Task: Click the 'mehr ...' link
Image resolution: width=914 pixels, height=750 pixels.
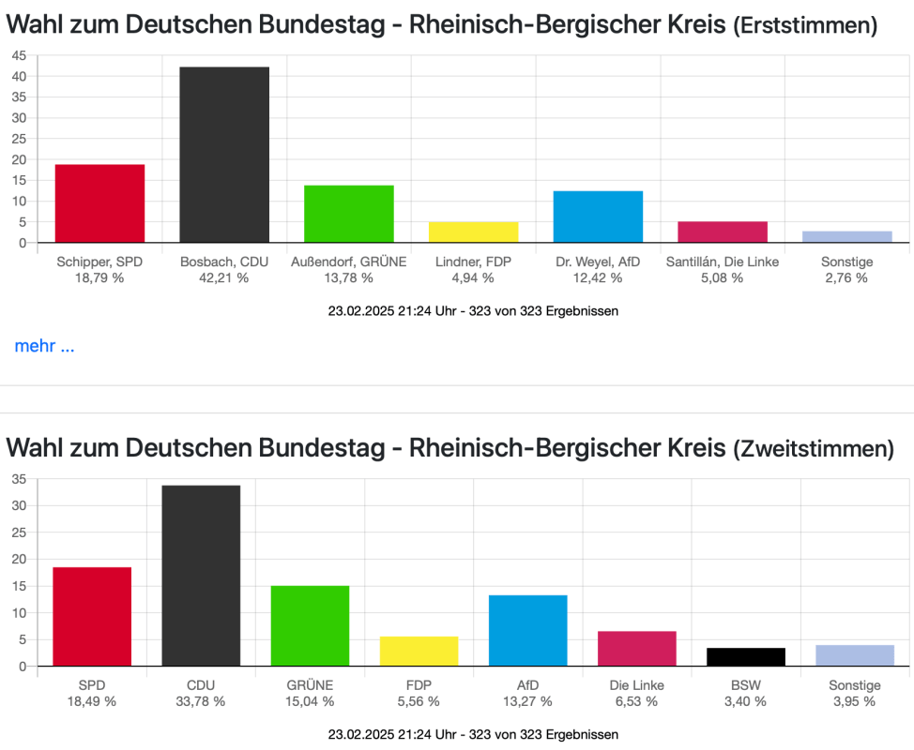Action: point(44,347)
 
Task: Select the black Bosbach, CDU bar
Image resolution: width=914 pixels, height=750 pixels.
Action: point(224,155)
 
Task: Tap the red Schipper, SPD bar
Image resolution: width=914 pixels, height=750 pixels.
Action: point(99,203)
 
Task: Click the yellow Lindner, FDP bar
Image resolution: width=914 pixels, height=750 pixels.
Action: point(473,232)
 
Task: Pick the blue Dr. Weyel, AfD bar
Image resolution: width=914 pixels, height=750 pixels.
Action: point(598,217)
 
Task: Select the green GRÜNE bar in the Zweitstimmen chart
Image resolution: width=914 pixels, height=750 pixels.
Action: point(310,626)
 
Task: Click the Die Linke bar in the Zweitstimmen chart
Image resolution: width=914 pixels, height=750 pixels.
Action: point(636,649)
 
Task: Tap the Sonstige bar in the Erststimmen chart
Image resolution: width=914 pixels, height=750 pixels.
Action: point(846,236)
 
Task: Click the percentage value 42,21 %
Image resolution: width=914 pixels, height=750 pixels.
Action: point(224,277)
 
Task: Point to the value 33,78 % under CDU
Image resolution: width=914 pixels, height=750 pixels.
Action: point(201,701)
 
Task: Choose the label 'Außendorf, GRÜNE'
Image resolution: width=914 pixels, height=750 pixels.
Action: point(348,262)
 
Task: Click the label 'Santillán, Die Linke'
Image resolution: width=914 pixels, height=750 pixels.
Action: point(722,262)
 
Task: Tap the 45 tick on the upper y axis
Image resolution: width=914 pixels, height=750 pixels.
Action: point(19,55)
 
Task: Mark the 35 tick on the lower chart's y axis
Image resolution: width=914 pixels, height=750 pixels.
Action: point(19,479)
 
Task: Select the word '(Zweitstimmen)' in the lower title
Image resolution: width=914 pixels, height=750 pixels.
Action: point(813,449)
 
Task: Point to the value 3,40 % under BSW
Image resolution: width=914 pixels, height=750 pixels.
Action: point(746,701)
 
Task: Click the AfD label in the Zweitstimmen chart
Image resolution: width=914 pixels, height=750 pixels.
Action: point(527,685)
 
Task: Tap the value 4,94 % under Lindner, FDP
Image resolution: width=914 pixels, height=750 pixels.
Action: point(473,277)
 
